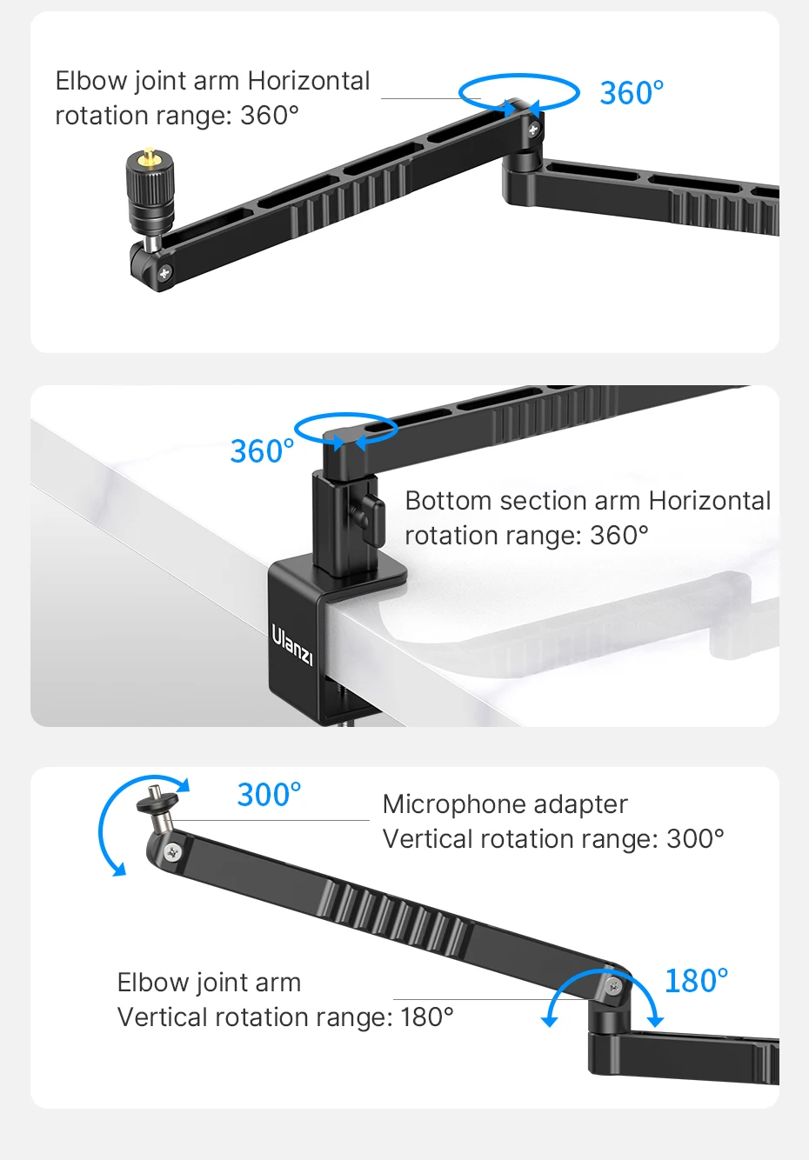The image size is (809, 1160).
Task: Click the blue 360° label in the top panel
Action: pyautogui.click(x=632, y=93)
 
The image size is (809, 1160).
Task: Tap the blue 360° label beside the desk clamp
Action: pyautogui.click(x=262, y=450)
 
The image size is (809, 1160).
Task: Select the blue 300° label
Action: pyautogui.click(x=269, y=795)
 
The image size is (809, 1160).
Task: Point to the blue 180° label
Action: pyautogui.click(x=696, y=981)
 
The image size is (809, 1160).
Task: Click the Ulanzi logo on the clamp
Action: pyautogui.click(x=292, y=645)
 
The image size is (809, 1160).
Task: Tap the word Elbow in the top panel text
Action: pyautogui.click(x=91, y=81)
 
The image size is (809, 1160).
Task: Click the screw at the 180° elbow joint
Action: pyautogui.click(x=614, y=986)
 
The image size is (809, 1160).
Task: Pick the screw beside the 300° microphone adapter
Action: pyautogui.click(x=172, y=851)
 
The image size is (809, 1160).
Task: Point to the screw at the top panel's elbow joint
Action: pyautogui.click(x=533, y=130)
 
